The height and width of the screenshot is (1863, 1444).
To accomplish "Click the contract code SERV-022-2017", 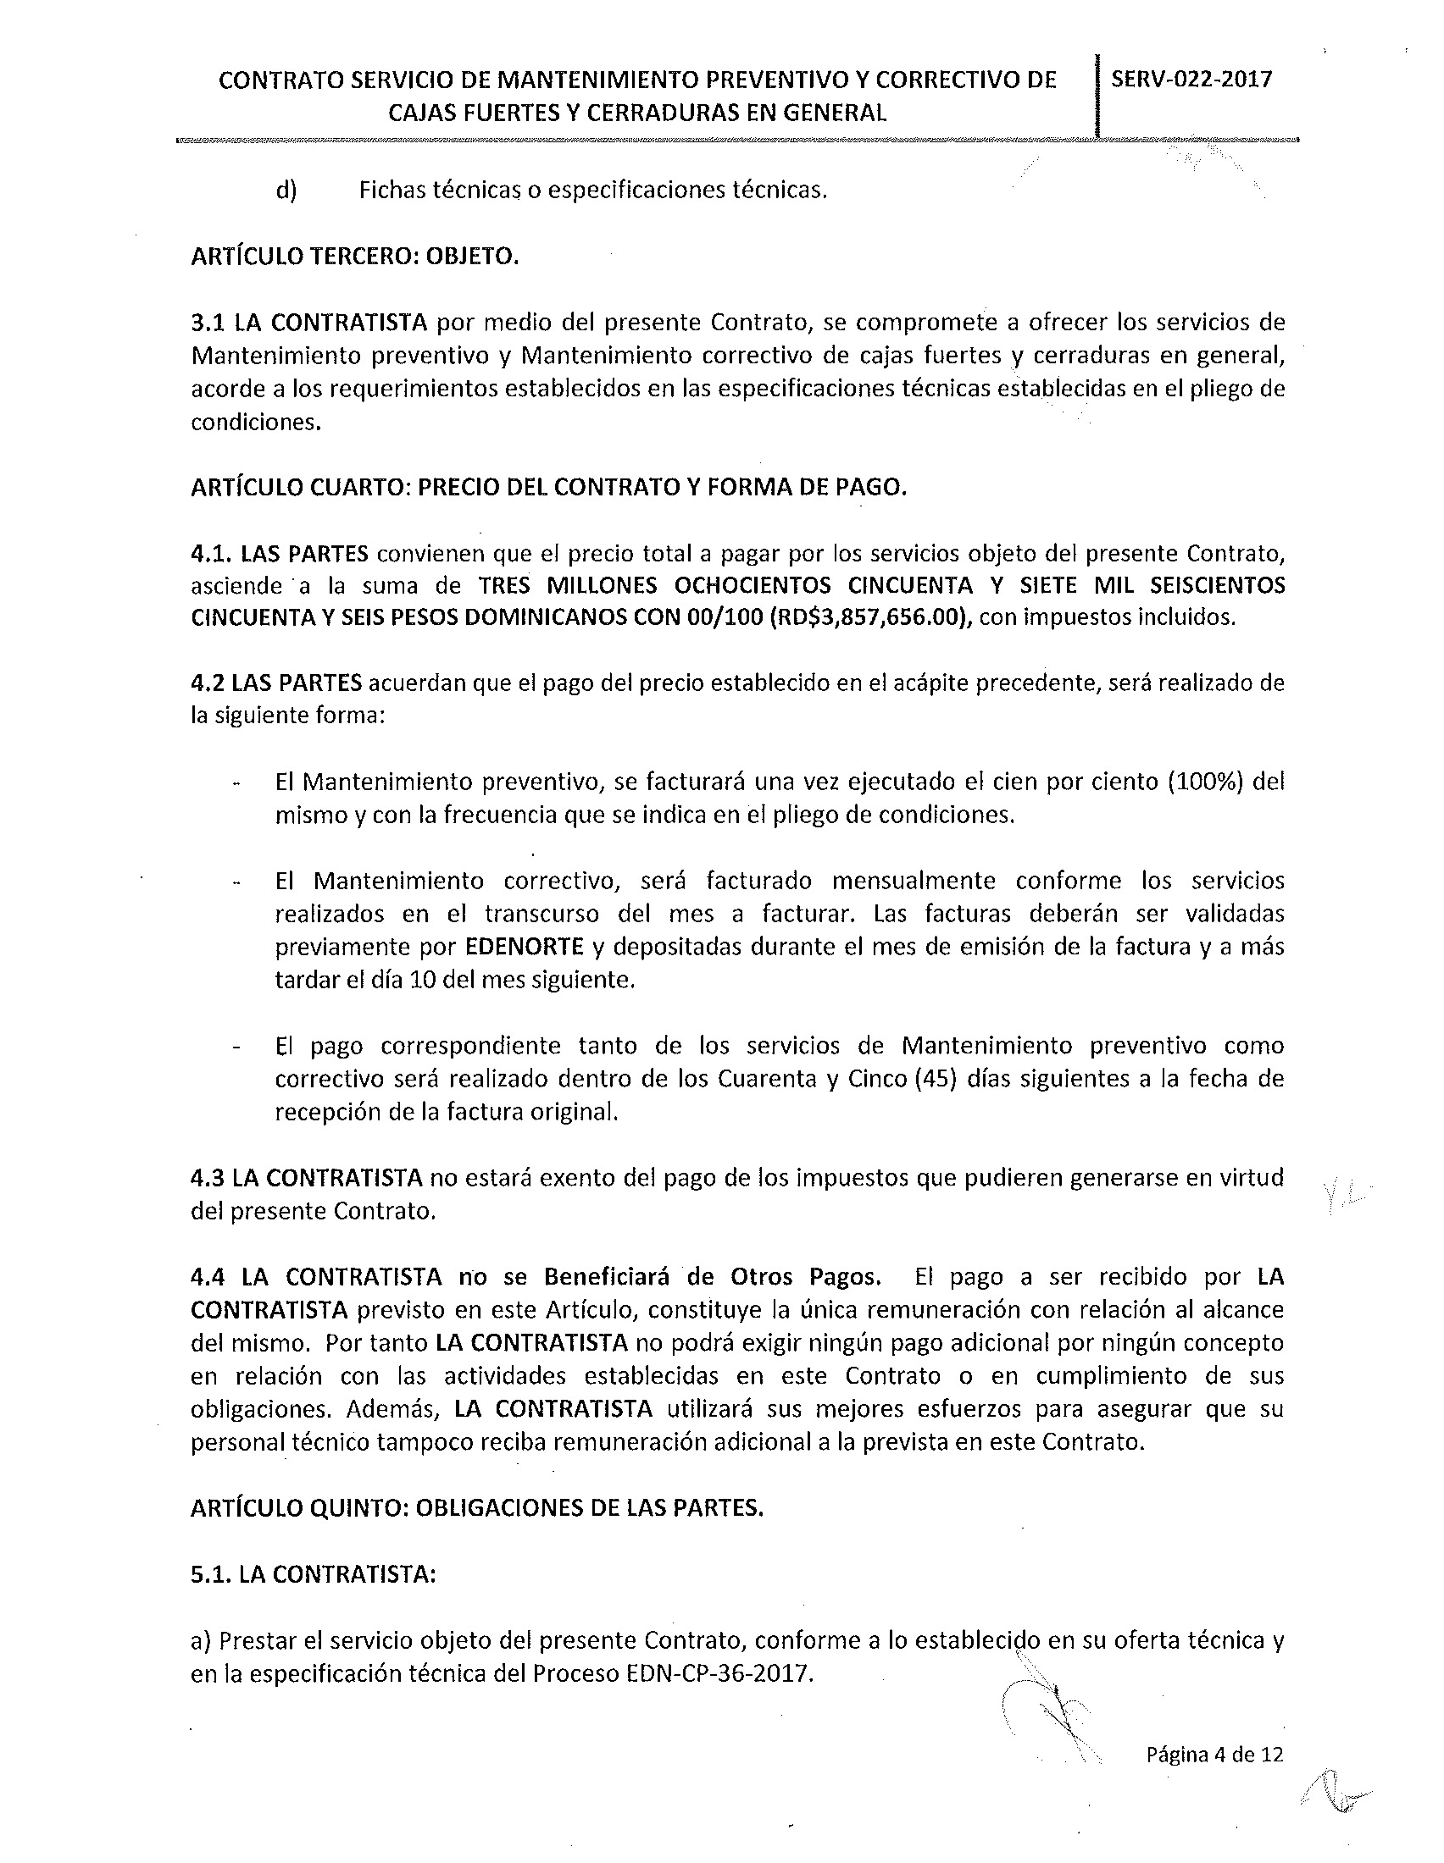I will pyautogui.click(x=1191, y=80).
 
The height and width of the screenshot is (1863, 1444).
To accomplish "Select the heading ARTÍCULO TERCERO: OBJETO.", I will pyautogui.click(x=354, y=256).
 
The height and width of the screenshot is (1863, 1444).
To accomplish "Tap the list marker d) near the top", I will pyautogui.click(x=285, y=190).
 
